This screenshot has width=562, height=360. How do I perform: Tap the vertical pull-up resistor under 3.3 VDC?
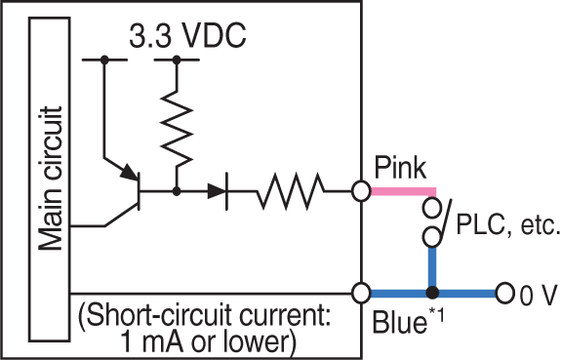176,125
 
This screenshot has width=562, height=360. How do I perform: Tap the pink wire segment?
401,191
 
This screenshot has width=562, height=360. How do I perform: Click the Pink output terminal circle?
361,191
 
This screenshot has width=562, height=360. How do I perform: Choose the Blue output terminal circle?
361,293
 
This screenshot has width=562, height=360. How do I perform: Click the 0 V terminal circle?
503,293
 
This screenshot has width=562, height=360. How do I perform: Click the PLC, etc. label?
507,228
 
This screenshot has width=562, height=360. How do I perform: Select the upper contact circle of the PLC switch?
430,208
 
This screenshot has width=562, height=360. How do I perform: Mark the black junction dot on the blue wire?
430,293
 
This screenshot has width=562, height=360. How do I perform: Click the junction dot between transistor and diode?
176,192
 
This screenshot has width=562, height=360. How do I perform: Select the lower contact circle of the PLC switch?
430,236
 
